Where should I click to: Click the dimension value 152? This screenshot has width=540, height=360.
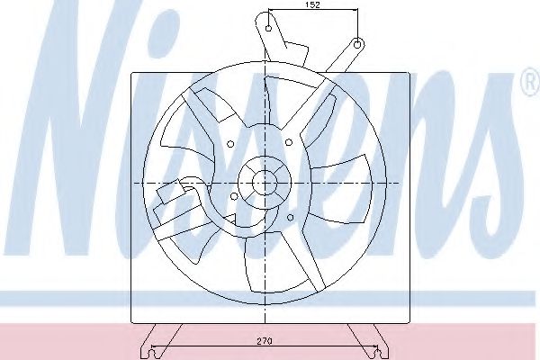[311, 5]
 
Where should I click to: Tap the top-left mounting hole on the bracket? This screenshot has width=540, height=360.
[267, 28]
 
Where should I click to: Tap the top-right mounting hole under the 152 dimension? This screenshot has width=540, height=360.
[357, 42]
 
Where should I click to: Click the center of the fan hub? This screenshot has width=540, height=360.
[264, 183]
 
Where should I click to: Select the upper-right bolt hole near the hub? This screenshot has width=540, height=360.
[288, 141]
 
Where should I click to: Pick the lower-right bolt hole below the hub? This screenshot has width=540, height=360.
[291, 216]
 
